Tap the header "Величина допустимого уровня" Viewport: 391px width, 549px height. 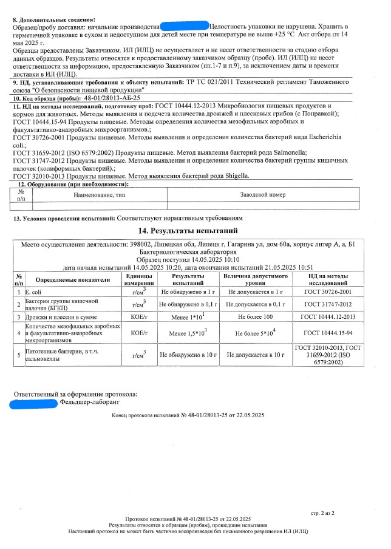pyautogui.click(x=256, y=280)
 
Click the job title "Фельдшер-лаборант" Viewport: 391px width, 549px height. pyautogui.click(x=90, y=402)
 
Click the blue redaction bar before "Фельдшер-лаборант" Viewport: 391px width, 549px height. pyautogui.click(x=35, y=402)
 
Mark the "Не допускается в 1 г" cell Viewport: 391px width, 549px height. pyautogui.click(x=256, y=293)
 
